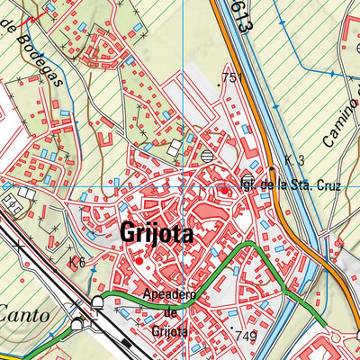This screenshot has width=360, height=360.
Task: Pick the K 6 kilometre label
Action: [x=76, y=262]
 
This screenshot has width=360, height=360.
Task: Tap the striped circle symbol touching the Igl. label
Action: [x=248, y=176]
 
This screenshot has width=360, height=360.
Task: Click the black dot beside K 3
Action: [x=272, y=167]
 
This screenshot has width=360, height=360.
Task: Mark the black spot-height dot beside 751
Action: [x=220, y=83]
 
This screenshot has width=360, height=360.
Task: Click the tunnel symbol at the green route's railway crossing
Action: [x=97, y=302]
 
